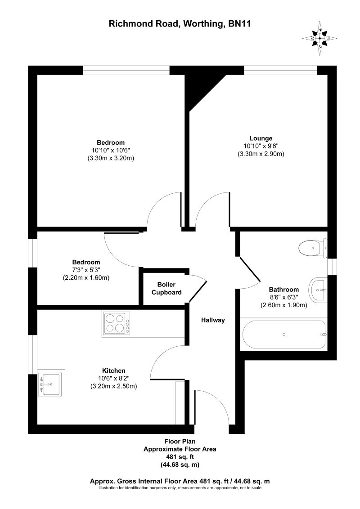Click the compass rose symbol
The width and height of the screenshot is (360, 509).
(x=319, y=38)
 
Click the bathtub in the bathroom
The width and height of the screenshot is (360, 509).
(x=283, y=335)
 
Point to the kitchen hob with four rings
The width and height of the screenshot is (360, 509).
(x=117, y=323)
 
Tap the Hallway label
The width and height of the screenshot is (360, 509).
(x=212, y=320)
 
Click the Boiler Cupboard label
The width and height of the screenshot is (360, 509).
(x=166, y=289)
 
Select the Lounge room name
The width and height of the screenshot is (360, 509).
(x=261, y=138)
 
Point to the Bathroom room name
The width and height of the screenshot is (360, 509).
(x=283, y=289)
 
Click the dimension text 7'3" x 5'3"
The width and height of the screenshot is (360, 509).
(x=86, y=270)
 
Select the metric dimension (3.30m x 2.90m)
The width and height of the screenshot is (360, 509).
(x=261, y=154)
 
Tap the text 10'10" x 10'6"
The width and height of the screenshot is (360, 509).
(x=111, y=150)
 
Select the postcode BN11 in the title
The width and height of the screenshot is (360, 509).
(x=238, y=24)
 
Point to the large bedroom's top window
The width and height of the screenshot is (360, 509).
(x=126, y=70)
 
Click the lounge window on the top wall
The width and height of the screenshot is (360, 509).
(x=280, y=70)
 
